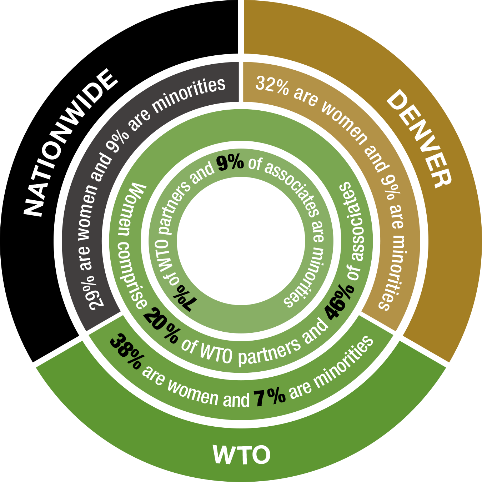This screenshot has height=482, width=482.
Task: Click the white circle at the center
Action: pyautogui.click(x=241, y=241)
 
